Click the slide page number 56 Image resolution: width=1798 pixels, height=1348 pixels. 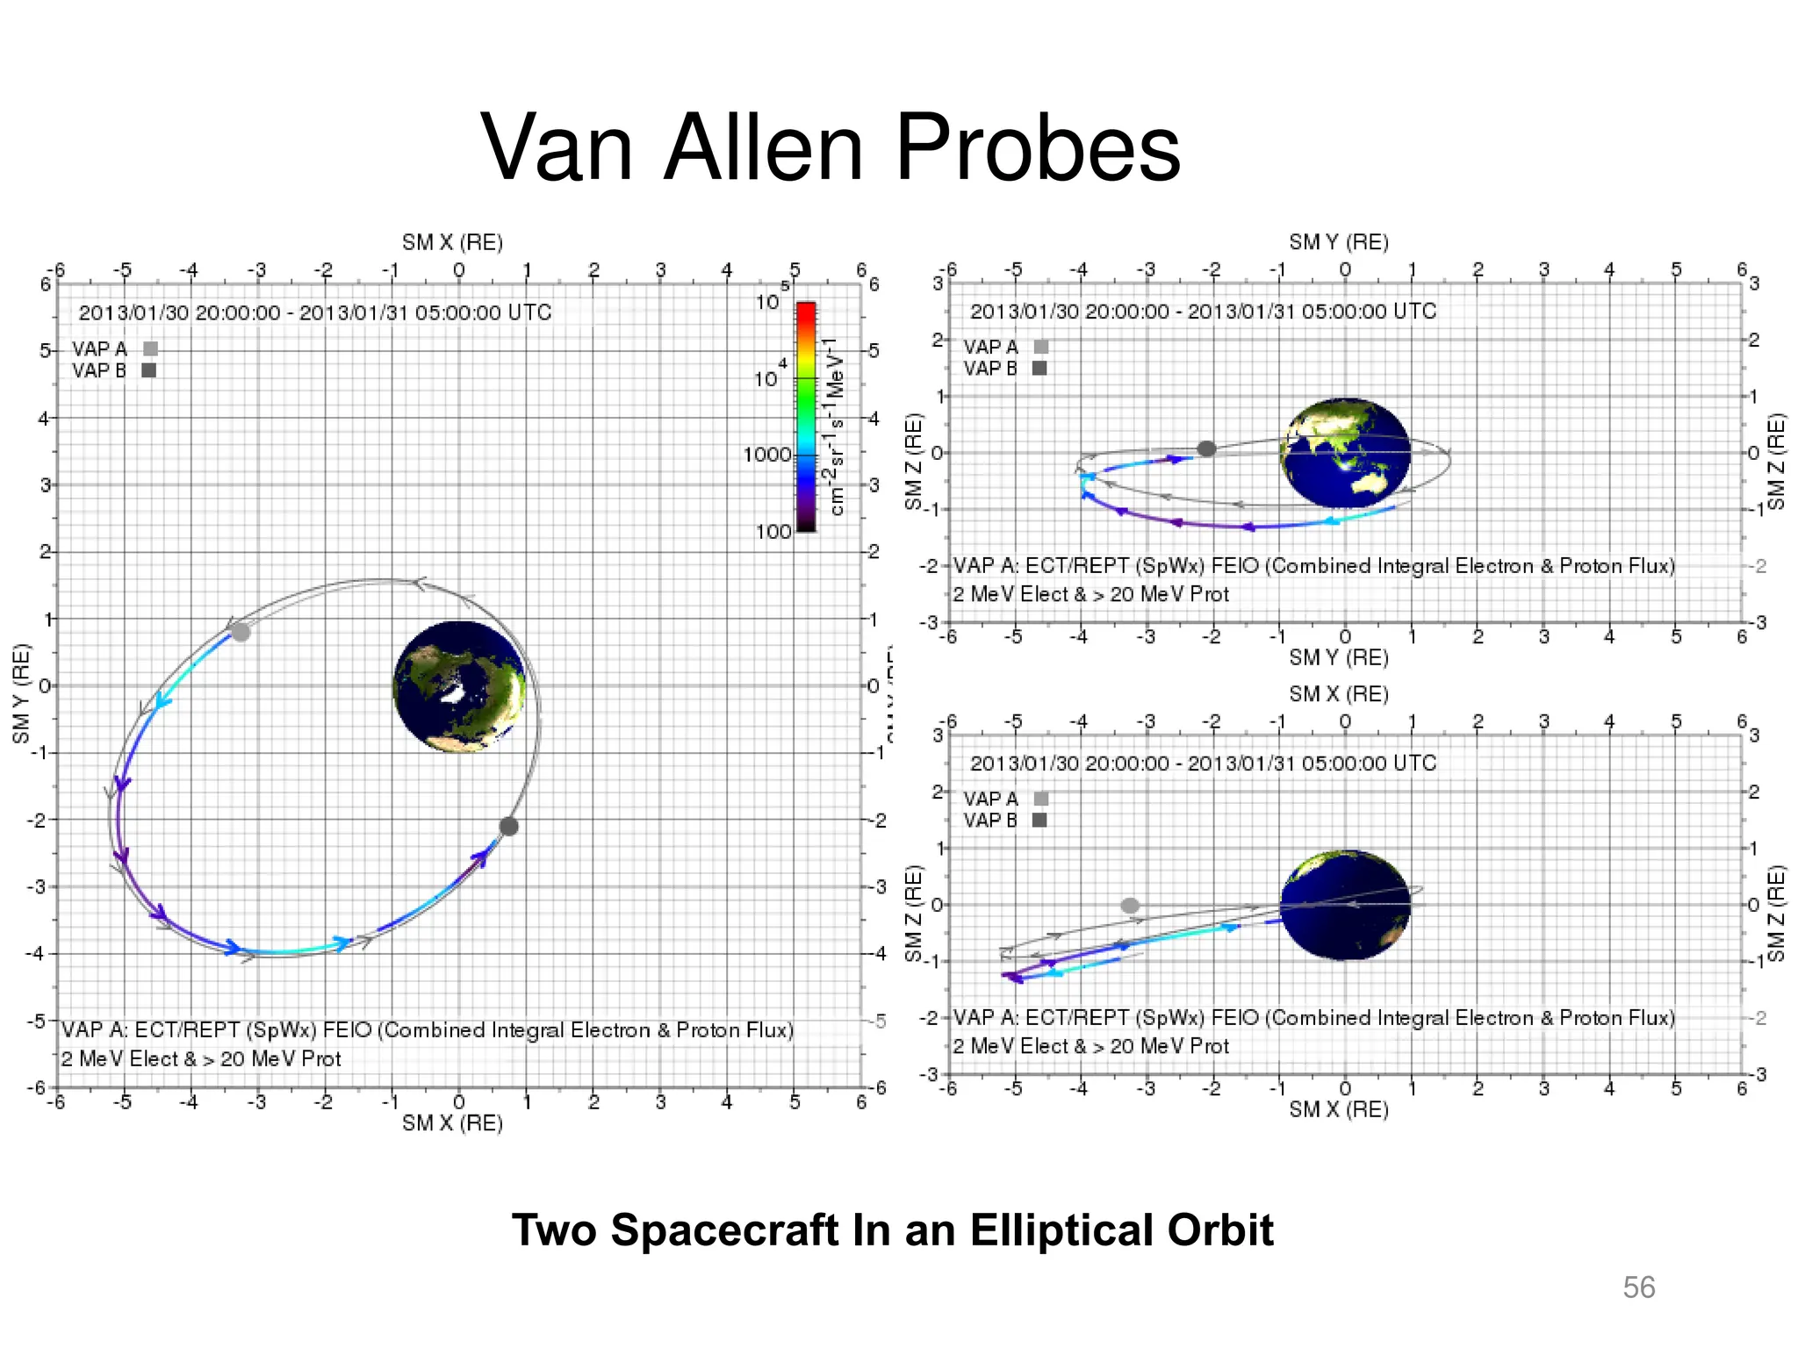coord(1638,1287)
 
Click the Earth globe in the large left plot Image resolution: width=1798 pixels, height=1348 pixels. coord(459,686)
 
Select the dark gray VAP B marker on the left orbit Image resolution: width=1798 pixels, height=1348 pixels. coord(508,826)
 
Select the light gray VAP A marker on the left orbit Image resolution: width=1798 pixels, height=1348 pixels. coord(241,632)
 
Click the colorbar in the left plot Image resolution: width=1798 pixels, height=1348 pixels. coord(805,417)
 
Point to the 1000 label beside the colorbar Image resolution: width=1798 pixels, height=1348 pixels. coord(766,455)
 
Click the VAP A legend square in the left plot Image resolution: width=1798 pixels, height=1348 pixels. coord(150,349)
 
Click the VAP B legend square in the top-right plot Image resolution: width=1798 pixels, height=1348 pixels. coord(1039,369)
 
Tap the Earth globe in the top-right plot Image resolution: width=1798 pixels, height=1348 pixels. coord(1345,453)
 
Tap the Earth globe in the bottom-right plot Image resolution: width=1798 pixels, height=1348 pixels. coord(1345,905)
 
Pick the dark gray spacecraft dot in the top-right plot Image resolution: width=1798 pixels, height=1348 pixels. coord(1206,448)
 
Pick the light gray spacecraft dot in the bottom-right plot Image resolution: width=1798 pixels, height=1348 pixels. coord(1130,905)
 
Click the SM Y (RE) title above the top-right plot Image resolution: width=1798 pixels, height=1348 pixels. coord(1338,242)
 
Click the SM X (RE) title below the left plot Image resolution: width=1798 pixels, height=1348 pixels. coord(452,1123)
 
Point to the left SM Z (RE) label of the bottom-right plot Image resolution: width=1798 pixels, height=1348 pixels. coord(914,914)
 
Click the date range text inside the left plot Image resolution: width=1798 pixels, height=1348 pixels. coord(315,312)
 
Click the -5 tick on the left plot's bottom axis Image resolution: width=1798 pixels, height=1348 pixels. coord(122,1103)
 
